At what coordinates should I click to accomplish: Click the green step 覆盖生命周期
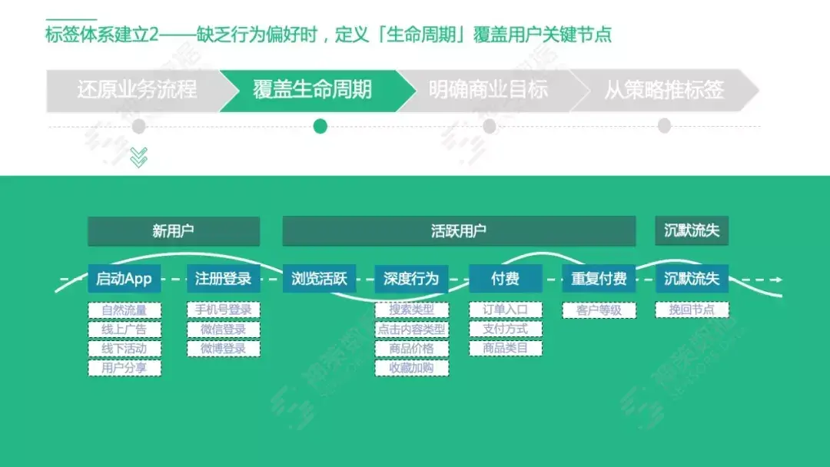pos(312,90)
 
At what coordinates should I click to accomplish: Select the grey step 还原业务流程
pos(137,90)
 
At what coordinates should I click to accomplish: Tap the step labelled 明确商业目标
pos(488,90)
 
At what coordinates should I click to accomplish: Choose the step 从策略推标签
pos(664,90)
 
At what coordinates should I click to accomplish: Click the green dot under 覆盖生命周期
pos(320,126)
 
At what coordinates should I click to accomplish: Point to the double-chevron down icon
pos(138,157)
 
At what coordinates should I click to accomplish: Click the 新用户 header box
pos(174,231)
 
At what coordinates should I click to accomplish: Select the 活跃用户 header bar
pos(459,231)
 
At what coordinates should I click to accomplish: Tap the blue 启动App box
pos(124,279)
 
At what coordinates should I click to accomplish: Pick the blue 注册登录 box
pos(224,279)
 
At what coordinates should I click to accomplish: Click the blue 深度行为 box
pos(411,279)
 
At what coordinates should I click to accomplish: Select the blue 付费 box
pos(506,279)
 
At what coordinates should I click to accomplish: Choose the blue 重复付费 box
pos(599,279)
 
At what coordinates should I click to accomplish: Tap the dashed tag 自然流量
pos(124,310)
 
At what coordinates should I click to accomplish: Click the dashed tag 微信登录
pos(224,330)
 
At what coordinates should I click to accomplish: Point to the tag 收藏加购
pos(411,368)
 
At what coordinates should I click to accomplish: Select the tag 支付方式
pos(506,330)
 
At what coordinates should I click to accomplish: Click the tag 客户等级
pos(599,310)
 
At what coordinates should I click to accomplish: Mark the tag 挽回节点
pos(692,310)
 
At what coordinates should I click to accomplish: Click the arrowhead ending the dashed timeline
pos(778,280)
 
